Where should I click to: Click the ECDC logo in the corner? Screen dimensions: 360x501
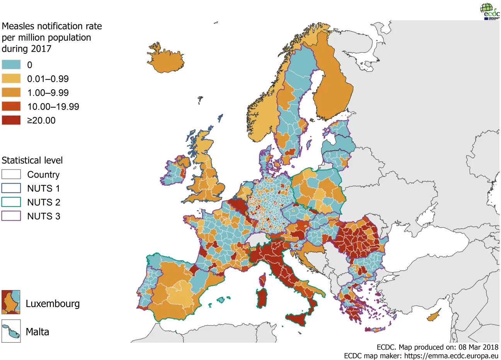(489, 11)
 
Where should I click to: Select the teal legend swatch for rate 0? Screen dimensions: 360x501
(11, 65)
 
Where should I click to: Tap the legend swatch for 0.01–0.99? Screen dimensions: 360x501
(11, 78)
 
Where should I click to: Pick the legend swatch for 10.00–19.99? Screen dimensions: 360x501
(11, 106)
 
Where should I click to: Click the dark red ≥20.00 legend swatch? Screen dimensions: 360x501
(11, 120)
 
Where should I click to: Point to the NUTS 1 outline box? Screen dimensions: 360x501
(11, 188)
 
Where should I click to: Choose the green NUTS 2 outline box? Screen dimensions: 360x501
(11, 202)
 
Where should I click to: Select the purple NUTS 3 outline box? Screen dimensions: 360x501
(11, 216)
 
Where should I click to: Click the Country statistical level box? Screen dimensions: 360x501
(11, 174)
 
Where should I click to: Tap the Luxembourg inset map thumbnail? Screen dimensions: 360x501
(11, 302)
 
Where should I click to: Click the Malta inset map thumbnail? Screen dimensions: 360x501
(11, 331)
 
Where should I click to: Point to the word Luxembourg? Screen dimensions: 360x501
(53, 304)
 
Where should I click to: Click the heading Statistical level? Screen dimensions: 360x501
(32, 160)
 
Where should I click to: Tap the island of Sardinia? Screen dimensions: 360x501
(262, 298)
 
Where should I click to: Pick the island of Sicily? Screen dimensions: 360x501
(299, 319)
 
